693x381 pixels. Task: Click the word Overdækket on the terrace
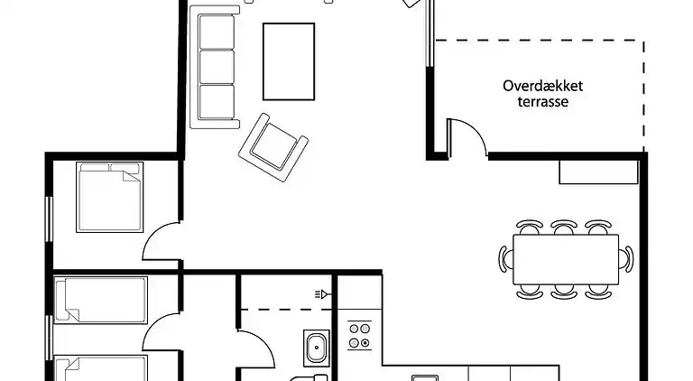[x=543, y=87]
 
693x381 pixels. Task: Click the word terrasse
[x=543, y=102]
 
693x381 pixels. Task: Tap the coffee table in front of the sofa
[x=289, y=61]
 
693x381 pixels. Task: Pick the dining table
[x=566, y=257]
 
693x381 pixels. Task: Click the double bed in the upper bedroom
[x=110, y=197]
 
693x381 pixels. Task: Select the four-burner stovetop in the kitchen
[x=360, y=336]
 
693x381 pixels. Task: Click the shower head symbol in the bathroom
[x=321, y=293]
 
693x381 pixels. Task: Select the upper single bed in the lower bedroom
[x=101, y=300]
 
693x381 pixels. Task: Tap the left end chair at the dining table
[x=504, y=258]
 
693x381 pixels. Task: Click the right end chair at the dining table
[x=627, y=258]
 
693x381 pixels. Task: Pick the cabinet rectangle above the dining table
[x=586, y=172]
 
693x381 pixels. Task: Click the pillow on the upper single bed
[x=69, y=300]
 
